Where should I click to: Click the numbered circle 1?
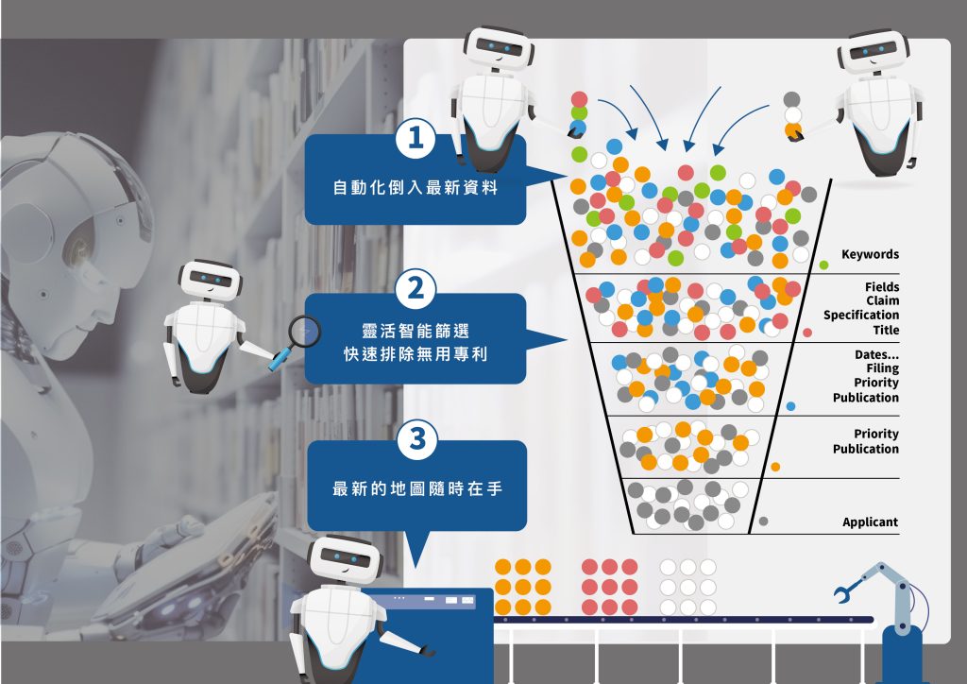click(x=416, y=138)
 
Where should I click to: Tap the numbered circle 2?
click(x=416, y=289)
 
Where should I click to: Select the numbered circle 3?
click(x=417, y=439)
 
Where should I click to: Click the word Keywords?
click(x=870, y=254)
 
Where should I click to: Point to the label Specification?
click(x=861, y=316)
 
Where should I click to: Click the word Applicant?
click(x=870, y=522)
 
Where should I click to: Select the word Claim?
click(x=883, y=300)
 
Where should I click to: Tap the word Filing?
click(x=883, y=368)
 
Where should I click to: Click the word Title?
click(x=886, y=330)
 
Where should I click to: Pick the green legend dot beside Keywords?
click(x=823, y=265)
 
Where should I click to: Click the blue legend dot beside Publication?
click(x=790, y=406)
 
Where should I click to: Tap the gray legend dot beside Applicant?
click(x=763, y=522)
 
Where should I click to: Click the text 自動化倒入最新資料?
click(x=416, y=187)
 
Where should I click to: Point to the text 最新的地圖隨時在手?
click(x=416, y=489)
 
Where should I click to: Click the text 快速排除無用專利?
click(x=416, y=354)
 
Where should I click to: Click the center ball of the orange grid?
click(x=523, y=587)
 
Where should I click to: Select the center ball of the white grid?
click(x=688, y=587)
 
